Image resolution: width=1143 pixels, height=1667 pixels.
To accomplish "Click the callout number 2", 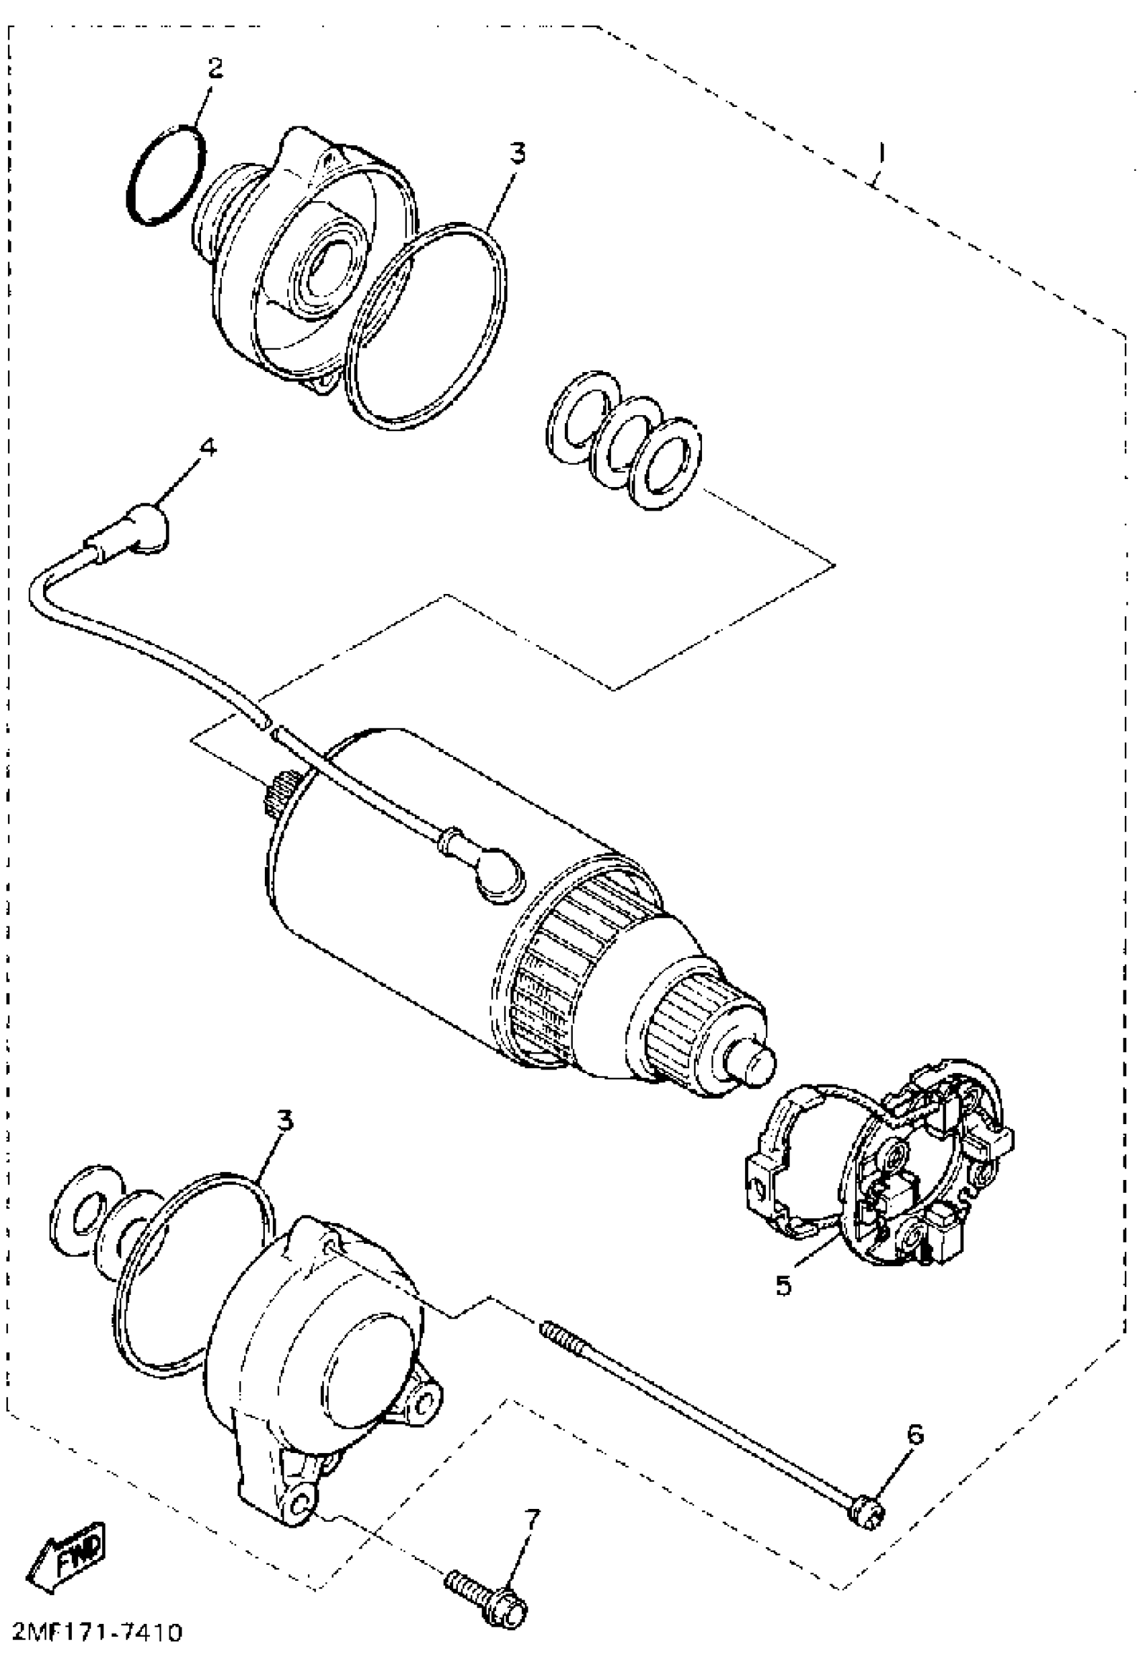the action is click(x=214, y=68).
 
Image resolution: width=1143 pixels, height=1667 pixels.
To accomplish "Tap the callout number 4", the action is click(x=207, y=447).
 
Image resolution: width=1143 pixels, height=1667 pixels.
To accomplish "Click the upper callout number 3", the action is click(x=517, y=153).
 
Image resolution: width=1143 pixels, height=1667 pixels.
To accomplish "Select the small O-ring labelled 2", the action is click(x=165, y=176).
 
